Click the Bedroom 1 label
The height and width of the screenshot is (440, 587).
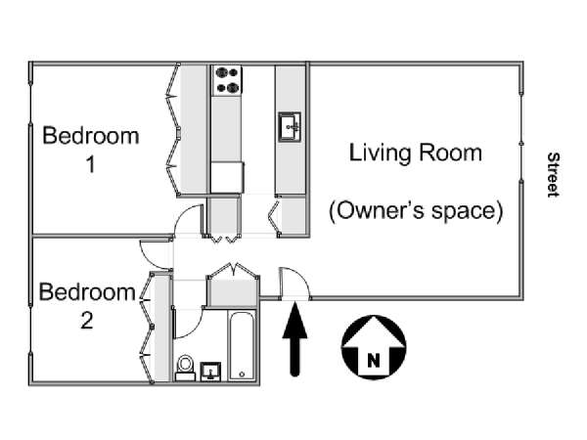91,150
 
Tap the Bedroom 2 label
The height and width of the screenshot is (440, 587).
87,306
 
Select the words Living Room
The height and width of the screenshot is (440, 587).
416,154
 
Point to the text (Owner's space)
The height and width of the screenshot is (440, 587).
416,211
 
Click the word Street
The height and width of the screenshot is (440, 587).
553,175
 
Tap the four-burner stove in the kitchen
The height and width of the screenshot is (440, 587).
227,80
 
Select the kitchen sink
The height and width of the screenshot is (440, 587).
290,127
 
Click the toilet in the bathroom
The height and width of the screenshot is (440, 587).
185,368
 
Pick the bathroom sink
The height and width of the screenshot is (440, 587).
210,372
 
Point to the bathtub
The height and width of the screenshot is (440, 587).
242,346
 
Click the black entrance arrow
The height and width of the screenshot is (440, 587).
295,339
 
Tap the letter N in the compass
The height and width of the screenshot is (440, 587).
374,361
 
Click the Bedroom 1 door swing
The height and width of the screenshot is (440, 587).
184,215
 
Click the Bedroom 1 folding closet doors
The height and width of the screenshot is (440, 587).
172,129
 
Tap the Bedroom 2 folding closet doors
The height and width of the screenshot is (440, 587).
147,328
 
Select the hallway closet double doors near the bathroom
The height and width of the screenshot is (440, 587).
233,269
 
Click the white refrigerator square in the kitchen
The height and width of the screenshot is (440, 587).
227,177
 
